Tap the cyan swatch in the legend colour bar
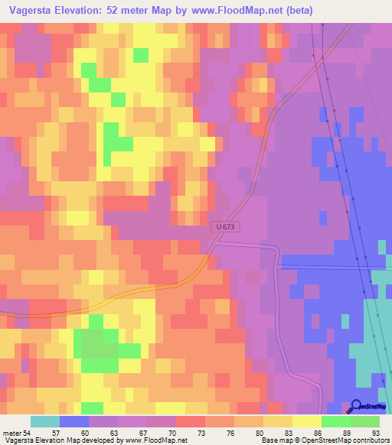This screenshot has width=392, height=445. click(45, 421)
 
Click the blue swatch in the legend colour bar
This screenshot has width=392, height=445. click(74, 421)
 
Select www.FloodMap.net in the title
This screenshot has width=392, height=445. click(214, 11)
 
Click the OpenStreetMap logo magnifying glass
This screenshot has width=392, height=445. click(357, 408)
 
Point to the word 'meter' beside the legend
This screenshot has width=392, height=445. click(11, 432)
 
